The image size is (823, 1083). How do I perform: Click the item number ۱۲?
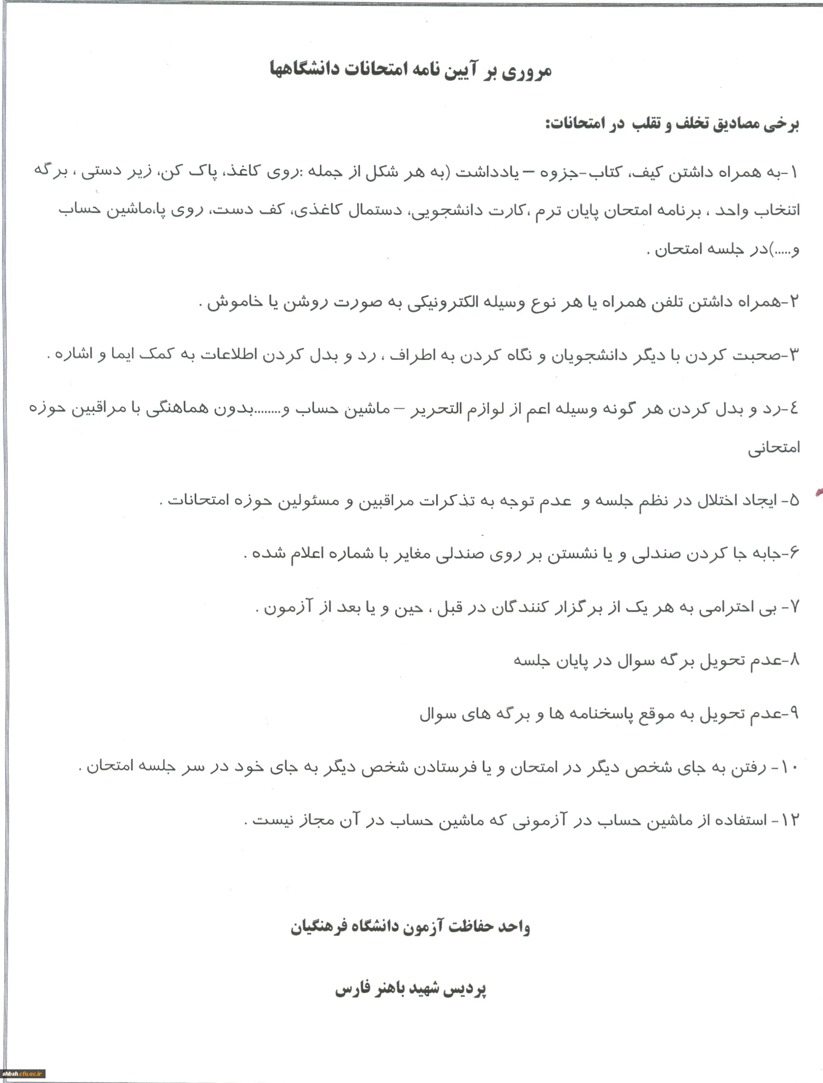coord(791,820)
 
